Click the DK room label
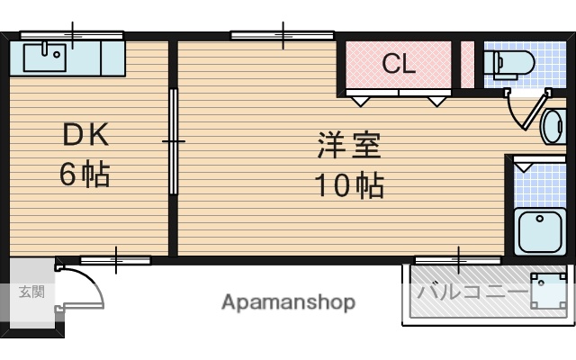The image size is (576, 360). [x=85, y=136]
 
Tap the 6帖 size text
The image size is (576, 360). [x=85, y=173]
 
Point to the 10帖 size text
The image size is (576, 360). [x=348, y=185]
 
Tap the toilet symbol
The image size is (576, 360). [x=508, y=63]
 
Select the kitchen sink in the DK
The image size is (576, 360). [x=44, y=58]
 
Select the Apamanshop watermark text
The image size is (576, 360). [x=288, y=302]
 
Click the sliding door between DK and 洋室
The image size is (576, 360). [x=173, y=141]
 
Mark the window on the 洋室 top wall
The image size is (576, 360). [x=282, y=35]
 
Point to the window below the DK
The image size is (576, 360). [x=115, y=260]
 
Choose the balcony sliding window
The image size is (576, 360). [x=457, y=259]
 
